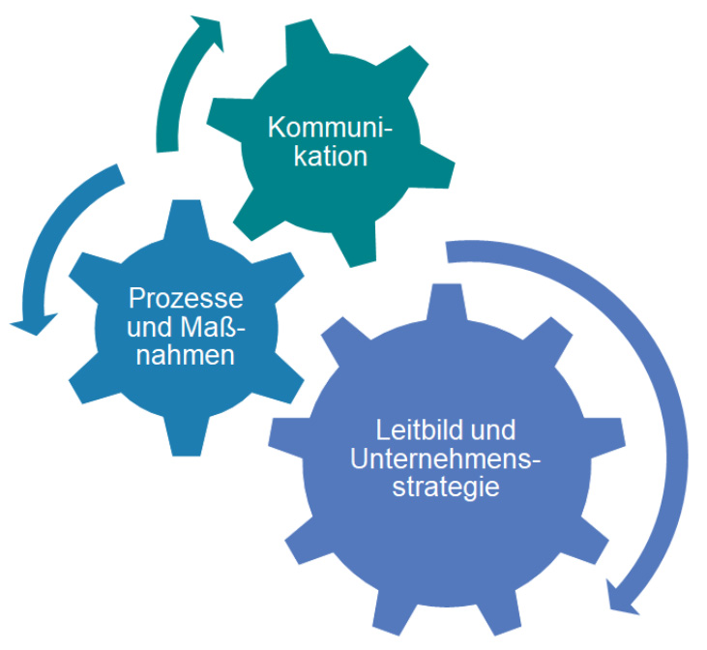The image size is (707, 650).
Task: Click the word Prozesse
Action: click(186, 296)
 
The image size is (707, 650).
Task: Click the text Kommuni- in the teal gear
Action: click(331, 127)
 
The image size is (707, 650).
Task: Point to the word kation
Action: click(332, 156)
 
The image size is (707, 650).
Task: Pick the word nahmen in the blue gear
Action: click(185, 355)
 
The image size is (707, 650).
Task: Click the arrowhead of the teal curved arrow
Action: click(206, 32)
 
